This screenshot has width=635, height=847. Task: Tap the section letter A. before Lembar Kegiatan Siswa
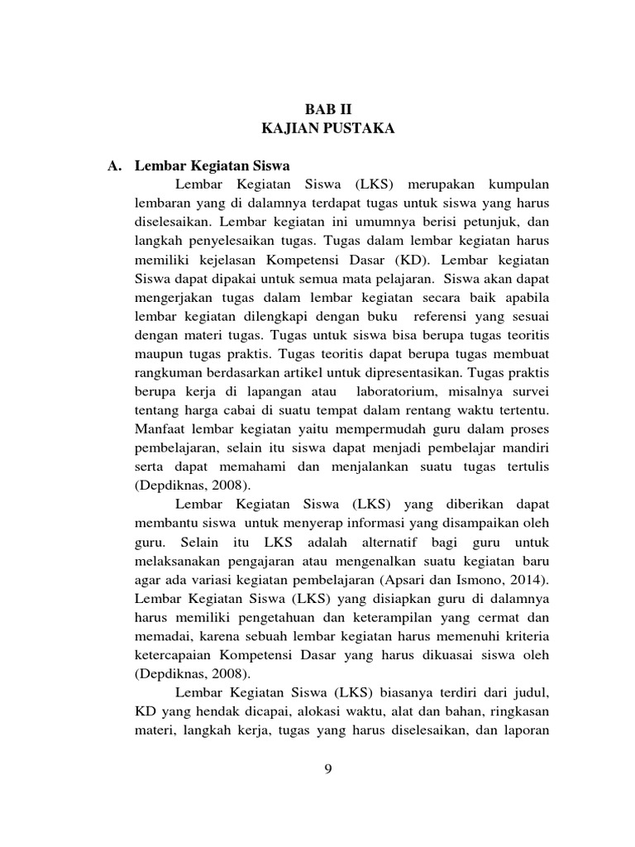pyautogui.click(x=116, y=165)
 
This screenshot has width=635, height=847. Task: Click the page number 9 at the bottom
pyautogui.click(x=328, y=769)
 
